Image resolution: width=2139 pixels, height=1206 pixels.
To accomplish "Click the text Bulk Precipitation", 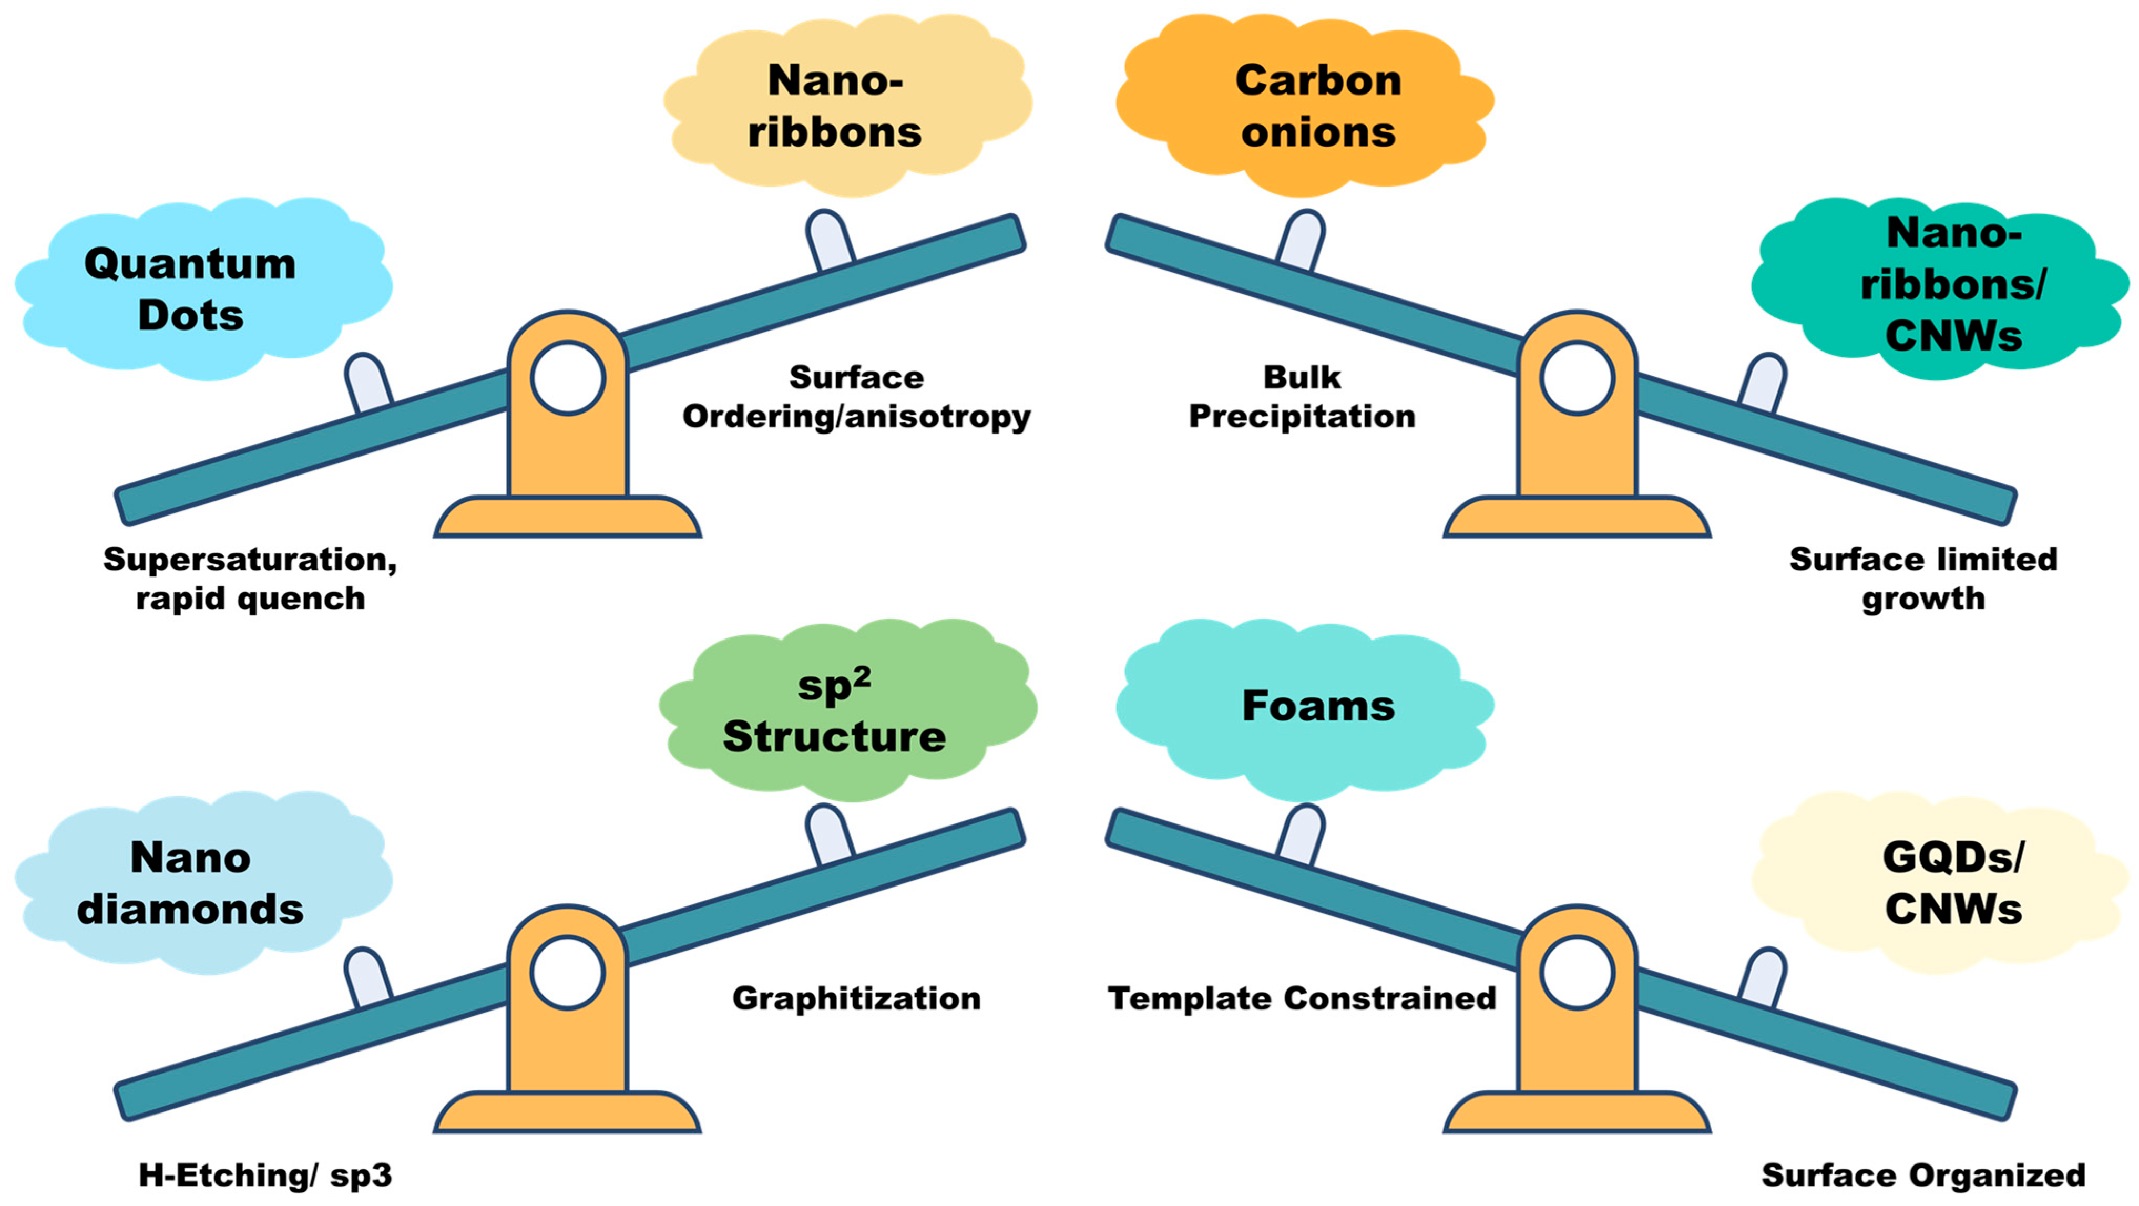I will [x=1301, y=397].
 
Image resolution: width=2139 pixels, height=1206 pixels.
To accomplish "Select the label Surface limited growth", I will [x=1923, y=579].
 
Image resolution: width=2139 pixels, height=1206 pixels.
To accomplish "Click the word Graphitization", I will [x=856, y=998].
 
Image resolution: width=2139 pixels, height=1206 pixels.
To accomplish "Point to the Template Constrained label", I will [x=1301, y=998].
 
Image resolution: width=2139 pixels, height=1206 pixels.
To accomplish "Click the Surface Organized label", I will [x=1923, y=1174].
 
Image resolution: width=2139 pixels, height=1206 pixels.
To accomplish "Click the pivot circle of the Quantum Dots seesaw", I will [x=567, y=378].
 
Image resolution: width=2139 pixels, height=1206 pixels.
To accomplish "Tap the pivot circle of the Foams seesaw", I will [x=1576, y=973].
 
